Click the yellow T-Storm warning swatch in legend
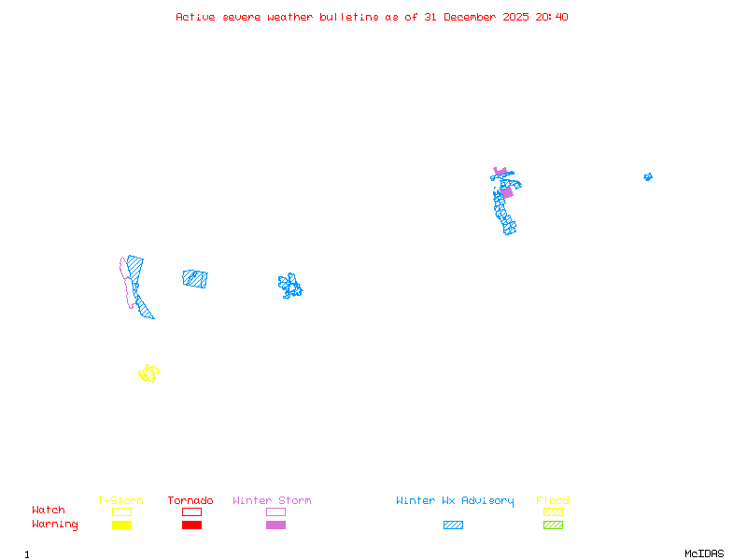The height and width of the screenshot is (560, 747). (x=121, y=525)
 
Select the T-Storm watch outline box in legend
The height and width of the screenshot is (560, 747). (x=121, y=511)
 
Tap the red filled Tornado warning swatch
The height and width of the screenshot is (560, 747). (x=191, y=525)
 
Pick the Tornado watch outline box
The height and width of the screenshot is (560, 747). (x=191, y=511)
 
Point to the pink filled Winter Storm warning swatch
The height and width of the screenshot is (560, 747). (x=275, y=525)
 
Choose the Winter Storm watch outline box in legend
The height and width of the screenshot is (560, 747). (x=275, y=511)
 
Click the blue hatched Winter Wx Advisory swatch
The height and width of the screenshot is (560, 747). (x=453, y=525)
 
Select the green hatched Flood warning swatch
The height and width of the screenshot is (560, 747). (x=553, y=525)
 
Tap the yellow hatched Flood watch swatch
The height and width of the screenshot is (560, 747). (x=553, y=511)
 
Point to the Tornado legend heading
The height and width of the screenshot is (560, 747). (x=190, y=501)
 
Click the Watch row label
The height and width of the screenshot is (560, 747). (x=49, y=511)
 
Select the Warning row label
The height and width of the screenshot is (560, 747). (x=54, y=525)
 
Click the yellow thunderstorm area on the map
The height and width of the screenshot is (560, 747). (x=148, y=373)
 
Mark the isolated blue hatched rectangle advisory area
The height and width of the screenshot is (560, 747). (x=195, y=278)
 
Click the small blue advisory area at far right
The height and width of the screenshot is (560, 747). (x=647, y=176)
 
